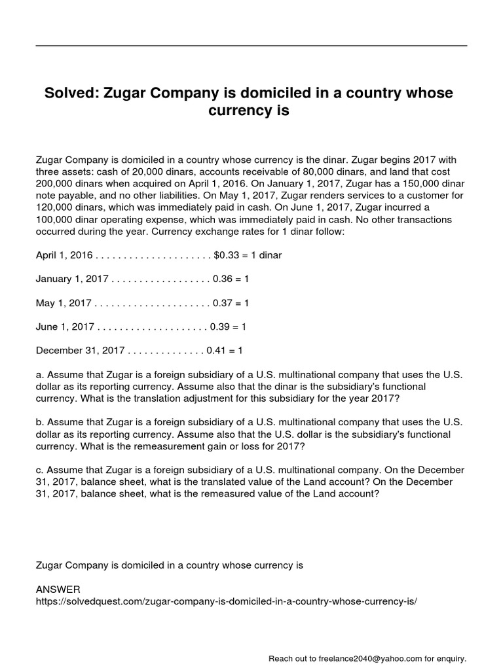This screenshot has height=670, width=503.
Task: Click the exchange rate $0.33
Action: click(x=227, y=255)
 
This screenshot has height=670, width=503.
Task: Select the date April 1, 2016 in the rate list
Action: click(x=65, y=255)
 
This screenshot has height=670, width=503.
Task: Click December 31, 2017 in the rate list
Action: click(x=81, y=351)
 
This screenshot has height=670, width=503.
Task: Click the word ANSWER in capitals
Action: click(x=58, y=589)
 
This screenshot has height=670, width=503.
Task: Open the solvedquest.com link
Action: click(x=226, y=600)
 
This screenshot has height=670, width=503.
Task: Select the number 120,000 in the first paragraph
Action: click(x=54, y=207)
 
